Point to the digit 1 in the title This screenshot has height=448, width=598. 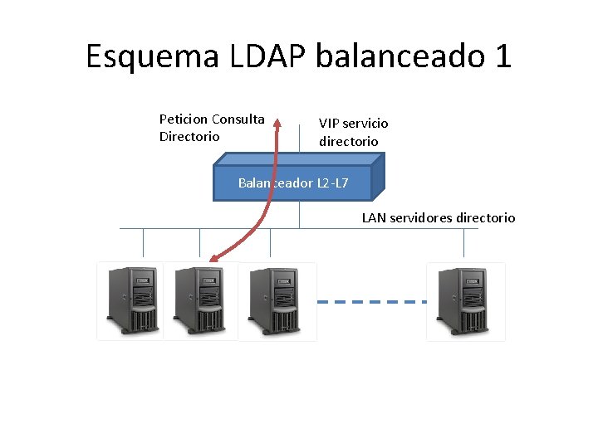point(502,56)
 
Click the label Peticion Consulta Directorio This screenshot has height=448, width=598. point(212,128)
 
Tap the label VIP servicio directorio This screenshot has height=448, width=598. point(353,132)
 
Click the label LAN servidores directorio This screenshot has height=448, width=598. point(438,218)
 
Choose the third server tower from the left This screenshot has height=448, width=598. point(276,300)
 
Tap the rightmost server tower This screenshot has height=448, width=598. point(465,300)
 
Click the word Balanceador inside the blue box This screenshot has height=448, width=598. point(275,183)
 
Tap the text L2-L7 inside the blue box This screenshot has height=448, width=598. point(332,183)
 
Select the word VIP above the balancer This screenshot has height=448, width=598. point(330,123)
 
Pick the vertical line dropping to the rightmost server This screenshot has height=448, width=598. point(464,242)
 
